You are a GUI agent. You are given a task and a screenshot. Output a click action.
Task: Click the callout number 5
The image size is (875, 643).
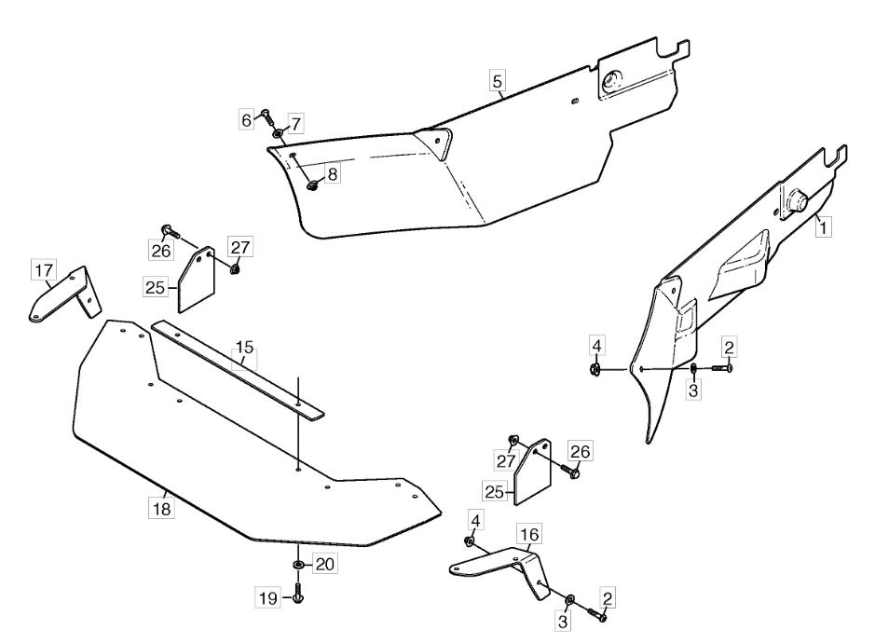(497, 81)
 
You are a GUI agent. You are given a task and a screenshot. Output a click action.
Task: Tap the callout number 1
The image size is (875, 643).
(823, 227)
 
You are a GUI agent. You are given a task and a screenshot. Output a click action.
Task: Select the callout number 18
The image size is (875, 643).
(162, 509)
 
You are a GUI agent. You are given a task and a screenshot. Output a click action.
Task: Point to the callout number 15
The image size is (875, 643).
(244, 348)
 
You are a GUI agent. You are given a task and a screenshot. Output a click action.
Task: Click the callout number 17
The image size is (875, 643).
(44, 270)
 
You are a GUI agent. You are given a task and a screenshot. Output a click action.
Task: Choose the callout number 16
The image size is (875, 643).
(529, 534)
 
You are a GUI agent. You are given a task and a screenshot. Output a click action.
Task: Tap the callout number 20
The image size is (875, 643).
(324, 565)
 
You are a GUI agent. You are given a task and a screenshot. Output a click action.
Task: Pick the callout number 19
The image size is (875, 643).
(267, 598)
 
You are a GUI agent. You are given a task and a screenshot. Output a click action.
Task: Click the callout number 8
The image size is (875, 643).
(332, 174)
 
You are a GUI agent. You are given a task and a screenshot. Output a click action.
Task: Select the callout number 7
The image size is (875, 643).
(295, 123)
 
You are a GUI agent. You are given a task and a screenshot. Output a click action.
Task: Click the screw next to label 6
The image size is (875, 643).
(267, 117)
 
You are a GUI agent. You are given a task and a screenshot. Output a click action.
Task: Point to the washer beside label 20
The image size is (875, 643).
(298, 566)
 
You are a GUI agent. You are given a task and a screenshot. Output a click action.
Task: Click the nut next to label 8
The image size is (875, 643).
(312, 185)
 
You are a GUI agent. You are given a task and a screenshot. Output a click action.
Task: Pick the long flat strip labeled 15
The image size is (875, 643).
(238, 370)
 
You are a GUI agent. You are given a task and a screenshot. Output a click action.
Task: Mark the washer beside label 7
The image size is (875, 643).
(278, 134)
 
